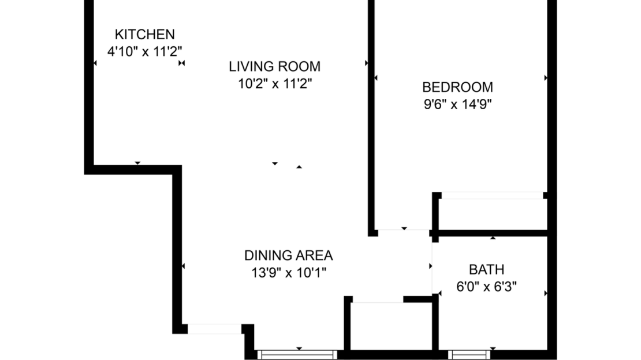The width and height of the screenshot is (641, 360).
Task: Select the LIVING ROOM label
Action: point(274,66)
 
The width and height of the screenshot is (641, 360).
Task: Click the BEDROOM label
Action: point(457,87)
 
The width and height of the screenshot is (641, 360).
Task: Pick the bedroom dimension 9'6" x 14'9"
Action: point(457,105)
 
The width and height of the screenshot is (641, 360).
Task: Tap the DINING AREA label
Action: point(288,255)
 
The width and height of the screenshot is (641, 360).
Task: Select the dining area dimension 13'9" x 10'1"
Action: point(288,273)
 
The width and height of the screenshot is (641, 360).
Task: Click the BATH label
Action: point(486,269)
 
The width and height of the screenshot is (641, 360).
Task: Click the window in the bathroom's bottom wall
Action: point(469,355)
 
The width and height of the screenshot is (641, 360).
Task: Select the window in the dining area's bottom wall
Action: point(297,355)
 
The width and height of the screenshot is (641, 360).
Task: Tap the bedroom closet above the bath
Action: point(493,214)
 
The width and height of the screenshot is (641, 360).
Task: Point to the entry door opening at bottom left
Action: point(214,329)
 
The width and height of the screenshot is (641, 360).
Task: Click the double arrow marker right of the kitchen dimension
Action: point(181,63)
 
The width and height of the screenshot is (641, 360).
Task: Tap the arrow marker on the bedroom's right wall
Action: point(545,77)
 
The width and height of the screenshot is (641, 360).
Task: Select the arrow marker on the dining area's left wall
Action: point(184,266)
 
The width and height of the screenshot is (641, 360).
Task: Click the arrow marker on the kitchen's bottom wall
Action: point(137,163)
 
